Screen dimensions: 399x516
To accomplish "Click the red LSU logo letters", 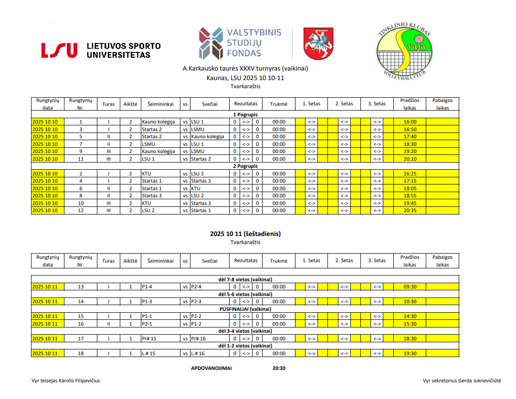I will [59, 50].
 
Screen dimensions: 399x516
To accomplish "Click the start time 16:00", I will [410, 122].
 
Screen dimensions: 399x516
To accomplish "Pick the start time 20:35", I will [410, 210].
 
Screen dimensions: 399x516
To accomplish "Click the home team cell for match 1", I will [158, 122].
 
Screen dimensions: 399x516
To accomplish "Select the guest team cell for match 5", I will [207, 136].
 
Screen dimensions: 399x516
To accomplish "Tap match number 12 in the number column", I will [81, 210].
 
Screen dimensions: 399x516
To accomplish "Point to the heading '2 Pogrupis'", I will [245, 166].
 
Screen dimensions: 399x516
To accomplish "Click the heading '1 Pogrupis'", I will [245, 114].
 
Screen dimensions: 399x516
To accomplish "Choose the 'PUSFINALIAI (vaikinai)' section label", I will [245, 309].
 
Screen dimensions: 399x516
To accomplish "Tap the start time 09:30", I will [410, 286].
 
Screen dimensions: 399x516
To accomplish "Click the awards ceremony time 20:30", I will [279, 368].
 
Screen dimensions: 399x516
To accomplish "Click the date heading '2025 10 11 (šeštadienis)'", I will [245, 234].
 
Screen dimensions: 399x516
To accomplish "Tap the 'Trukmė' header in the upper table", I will [279, 104].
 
